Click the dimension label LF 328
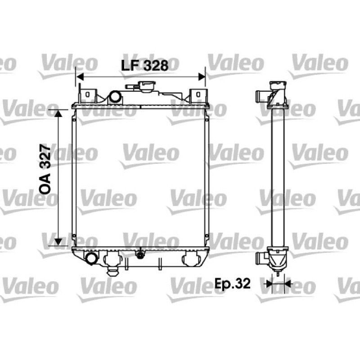[144, 65]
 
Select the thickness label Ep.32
[232, 284]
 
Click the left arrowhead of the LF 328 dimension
[80, 77]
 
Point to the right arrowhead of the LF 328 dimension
[202, 77]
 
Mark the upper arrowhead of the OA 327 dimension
[58, 113]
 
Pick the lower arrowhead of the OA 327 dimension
[58, 242]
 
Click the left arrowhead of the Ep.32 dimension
[268, 284]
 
